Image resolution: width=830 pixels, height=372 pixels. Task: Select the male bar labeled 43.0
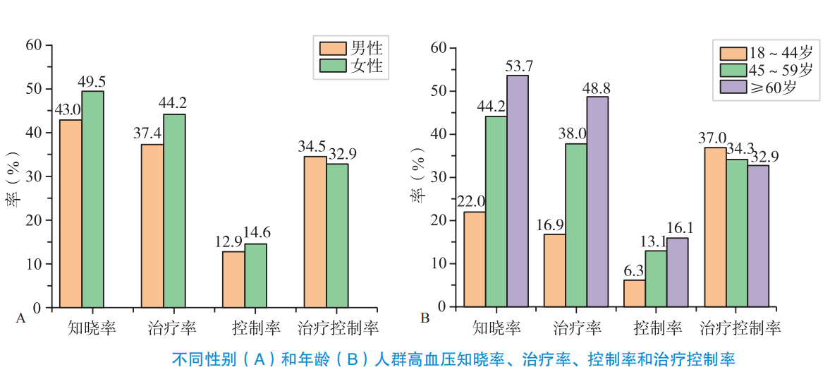point(71,213)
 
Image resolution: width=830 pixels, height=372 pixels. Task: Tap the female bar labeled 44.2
point(174,210)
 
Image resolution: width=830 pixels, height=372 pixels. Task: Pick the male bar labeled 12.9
point(233,279)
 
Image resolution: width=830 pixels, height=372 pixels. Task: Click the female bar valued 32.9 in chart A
point(337,235)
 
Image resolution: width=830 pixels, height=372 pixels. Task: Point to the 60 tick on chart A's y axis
point(34,45)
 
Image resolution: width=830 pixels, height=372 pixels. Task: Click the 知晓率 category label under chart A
point(92,328)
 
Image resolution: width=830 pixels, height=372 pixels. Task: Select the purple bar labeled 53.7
point(518,191)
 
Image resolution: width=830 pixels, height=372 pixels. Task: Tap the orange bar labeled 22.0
point(475,259)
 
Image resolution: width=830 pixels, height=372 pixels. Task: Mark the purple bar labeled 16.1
point(677,272)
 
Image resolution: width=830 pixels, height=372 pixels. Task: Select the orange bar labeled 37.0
point(716,227)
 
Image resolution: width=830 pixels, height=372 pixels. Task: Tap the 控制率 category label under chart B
point(658,328)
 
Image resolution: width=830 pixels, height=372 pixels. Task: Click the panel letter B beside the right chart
point(425,318)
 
